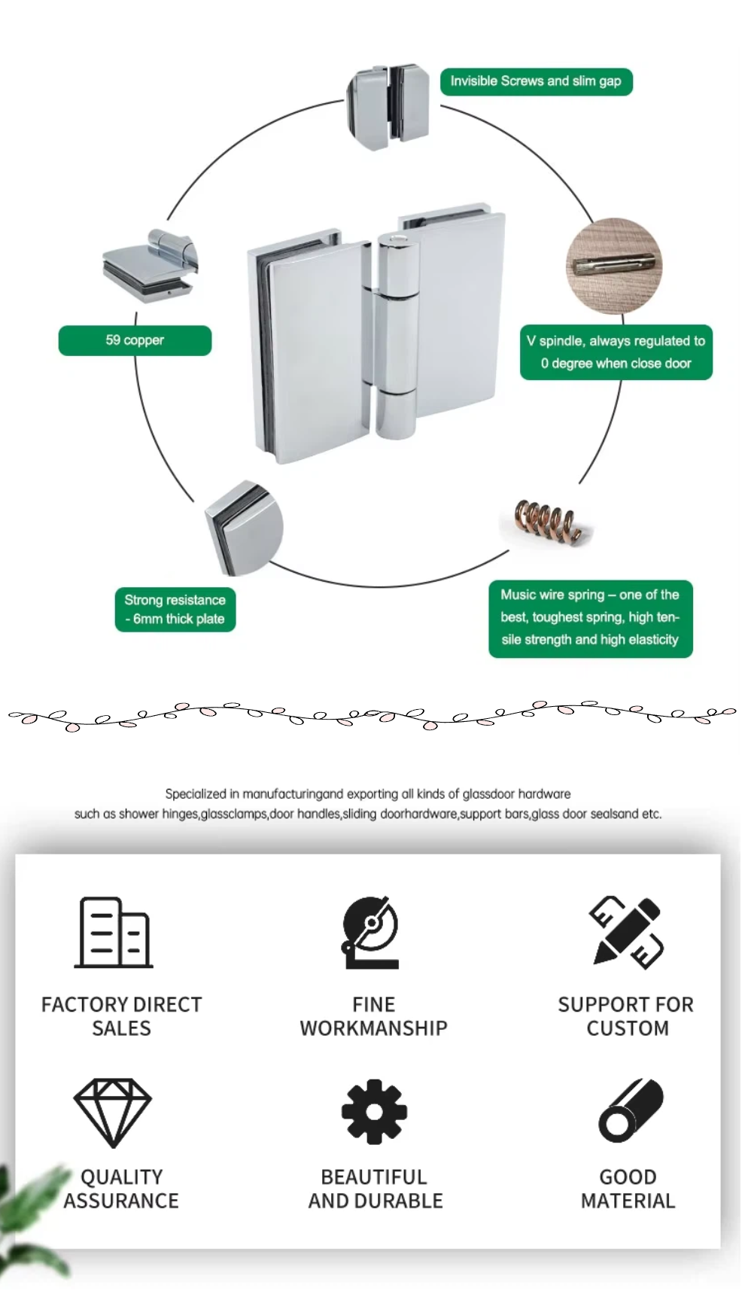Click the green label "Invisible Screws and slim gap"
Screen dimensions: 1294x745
coord(536,81)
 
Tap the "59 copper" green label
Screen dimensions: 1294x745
coord(135,340)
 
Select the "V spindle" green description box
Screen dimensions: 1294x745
coord(616,352)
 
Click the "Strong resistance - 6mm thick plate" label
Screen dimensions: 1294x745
coord(175,610)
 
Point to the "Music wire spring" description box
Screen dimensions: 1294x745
coord(590,618)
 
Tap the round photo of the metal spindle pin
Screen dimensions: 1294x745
coord(613,264)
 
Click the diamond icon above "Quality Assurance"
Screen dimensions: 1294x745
coord(113,1111)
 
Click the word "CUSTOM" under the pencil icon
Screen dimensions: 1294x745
coord(628,1028)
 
